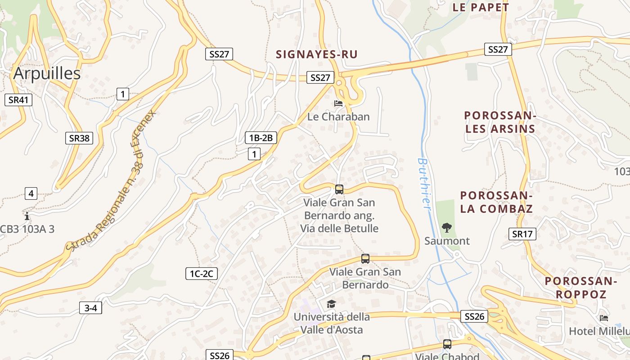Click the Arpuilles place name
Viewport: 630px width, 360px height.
[47, 73]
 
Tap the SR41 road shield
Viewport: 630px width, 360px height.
[18, 100]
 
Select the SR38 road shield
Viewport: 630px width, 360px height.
[79, 138]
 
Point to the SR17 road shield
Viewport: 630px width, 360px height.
[522, 234]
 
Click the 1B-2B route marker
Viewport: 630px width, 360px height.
[261, 138]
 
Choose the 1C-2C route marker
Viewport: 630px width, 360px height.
[202, 273]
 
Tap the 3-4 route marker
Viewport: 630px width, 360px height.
[90, 308]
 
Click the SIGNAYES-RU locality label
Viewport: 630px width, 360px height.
[317, 54]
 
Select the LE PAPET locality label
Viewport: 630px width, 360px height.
[481, 7]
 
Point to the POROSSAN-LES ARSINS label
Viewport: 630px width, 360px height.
[500, 122]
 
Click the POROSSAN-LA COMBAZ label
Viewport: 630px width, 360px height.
[496, 202]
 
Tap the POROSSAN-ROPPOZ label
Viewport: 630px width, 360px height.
[580, 288]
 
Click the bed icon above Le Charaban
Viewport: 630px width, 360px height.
[338, 103]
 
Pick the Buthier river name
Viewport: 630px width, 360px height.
[424, 182]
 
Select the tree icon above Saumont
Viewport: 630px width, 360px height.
[446, 227]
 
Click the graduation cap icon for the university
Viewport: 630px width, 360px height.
[331, 304]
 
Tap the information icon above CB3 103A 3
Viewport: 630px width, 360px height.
[27, 216]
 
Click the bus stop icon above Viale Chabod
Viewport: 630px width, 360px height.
[447, 344]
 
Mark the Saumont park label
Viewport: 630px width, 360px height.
[447, 241]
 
